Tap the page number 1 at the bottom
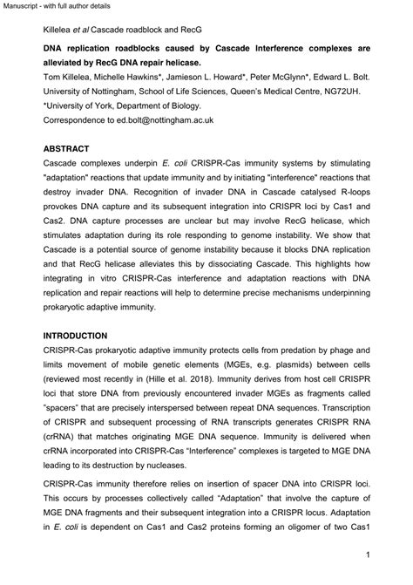coord(369,554)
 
